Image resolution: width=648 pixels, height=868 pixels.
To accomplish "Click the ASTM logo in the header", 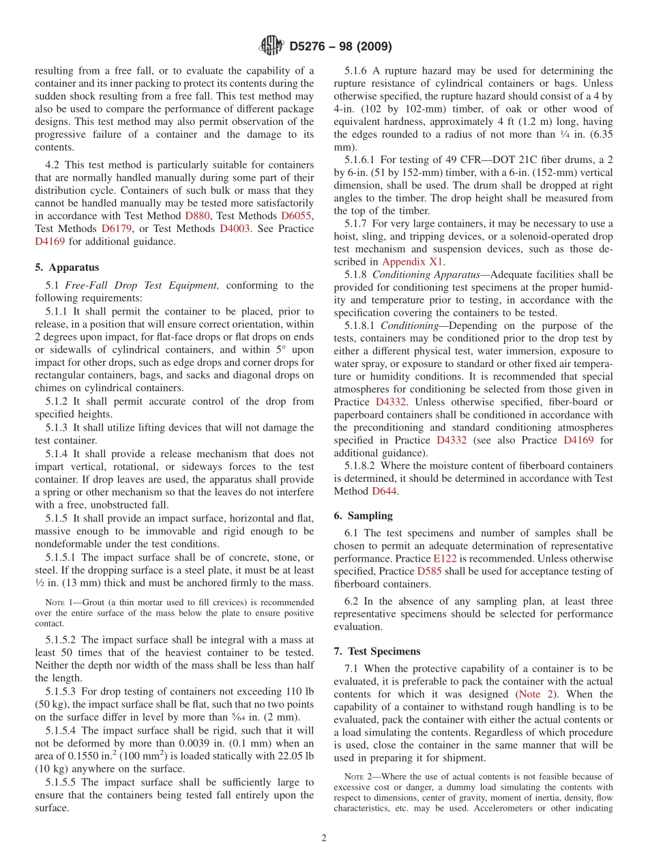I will [271, 46].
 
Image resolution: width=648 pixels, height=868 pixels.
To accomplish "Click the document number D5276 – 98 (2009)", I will [340, 46].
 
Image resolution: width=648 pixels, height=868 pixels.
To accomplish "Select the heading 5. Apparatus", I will [67, 267].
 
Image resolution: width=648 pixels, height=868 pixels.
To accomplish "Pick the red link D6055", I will [296, 215].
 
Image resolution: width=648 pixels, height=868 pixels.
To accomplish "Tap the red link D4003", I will [235, 228].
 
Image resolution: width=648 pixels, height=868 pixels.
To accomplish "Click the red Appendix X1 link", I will [412, 261].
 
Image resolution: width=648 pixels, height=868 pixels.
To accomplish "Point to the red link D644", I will [385, 491].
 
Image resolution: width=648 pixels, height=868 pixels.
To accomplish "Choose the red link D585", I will [429, 571].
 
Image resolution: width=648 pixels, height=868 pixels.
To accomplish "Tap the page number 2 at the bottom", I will [324, 838].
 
